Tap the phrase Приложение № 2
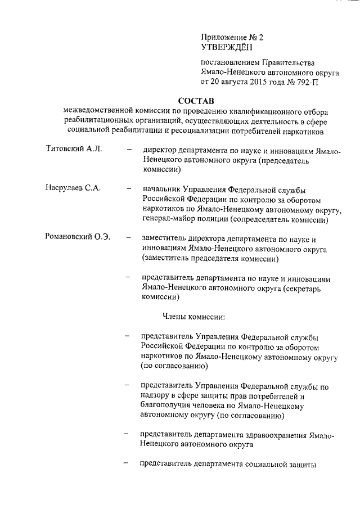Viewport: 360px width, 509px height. (232, 37)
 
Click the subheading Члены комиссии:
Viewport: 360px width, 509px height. (193, 317)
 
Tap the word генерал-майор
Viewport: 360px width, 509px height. (169, 219)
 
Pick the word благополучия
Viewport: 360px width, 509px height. (169, 406)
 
